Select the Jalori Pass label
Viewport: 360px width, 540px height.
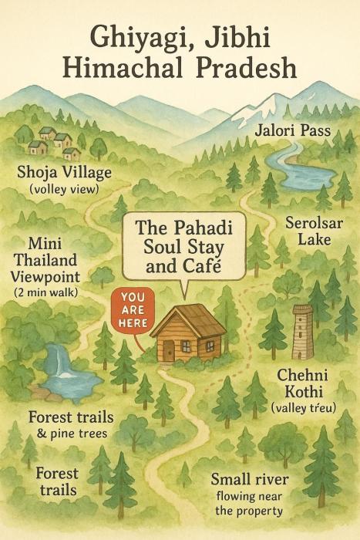pyautogui.click(x=292, y=131)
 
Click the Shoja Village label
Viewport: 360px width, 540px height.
pyautogui.click(x=64, y=171)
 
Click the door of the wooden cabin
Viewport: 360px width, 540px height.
pyautogui.click(x=169, y=351)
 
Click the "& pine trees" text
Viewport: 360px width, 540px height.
pyautogui.click(x=69, y=434)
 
